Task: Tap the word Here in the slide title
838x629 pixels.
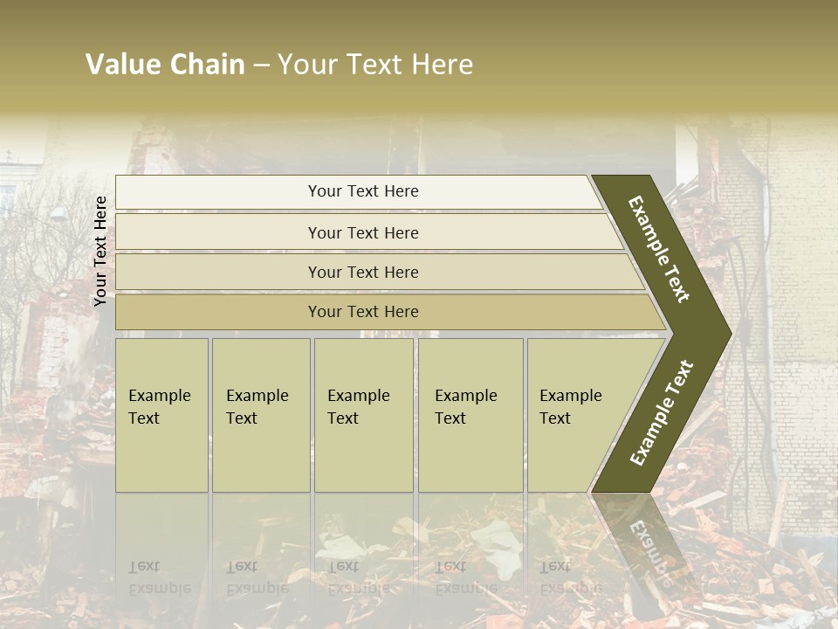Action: [442, 65]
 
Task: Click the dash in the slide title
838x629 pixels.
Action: [261, 66]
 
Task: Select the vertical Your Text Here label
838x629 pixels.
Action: [101, 251]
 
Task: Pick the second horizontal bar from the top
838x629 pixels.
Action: [362, 232]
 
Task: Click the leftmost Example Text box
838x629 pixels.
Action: [161, 415]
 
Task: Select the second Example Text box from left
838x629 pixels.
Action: [260, 415]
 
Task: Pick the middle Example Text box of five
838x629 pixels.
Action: [363, 415]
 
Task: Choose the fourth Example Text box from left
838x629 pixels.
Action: [470, 415]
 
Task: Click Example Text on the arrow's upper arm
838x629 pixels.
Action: [659, 249]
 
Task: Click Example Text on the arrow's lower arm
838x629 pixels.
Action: [662, 412]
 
